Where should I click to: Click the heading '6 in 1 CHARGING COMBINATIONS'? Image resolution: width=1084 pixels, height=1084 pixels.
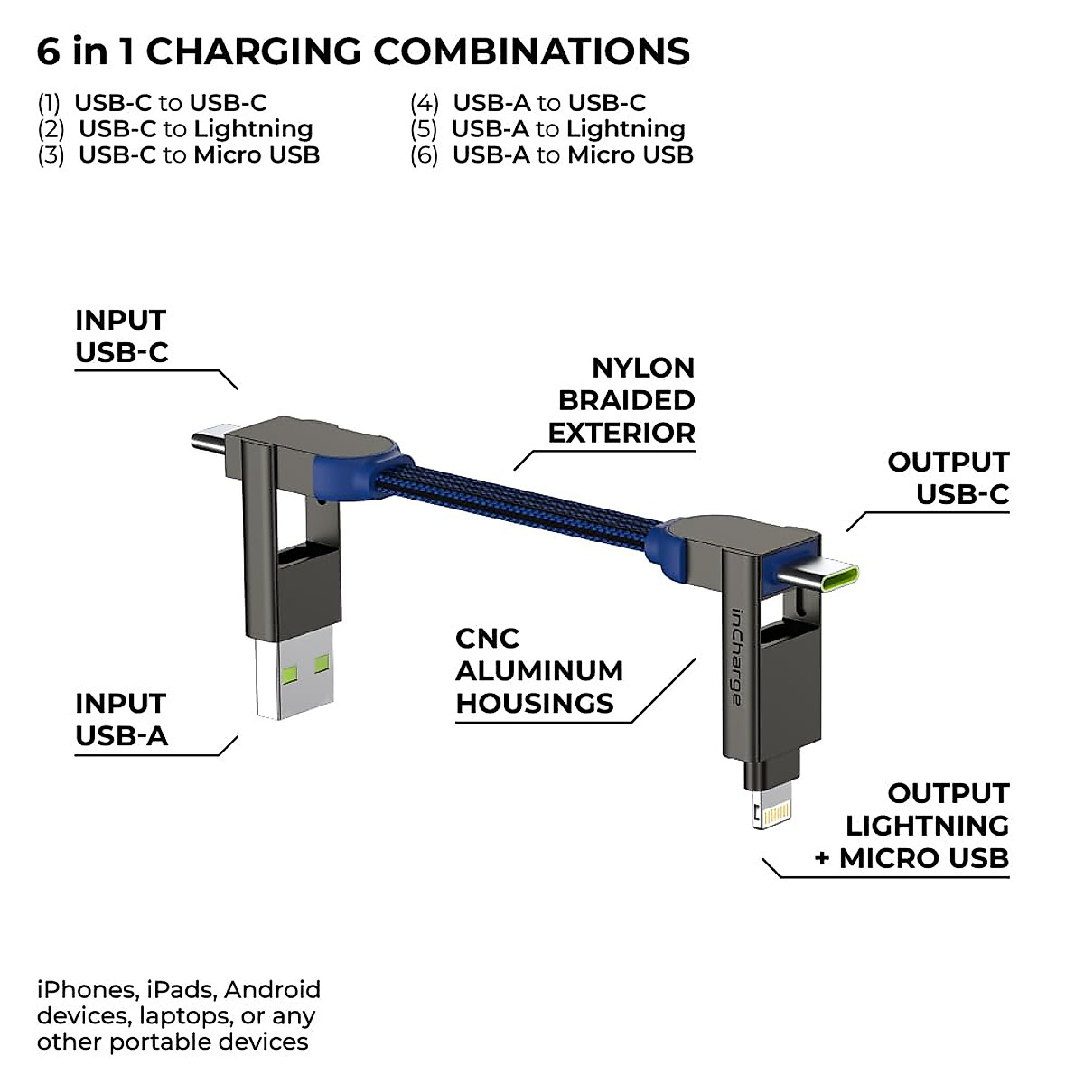pyautogui.click(x=363, y=52)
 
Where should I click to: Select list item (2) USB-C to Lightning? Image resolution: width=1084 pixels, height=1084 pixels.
pyautogui.click(x=176, y=129)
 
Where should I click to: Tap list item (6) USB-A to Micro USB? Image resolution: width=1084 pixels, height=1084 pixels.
pyautogui.click(x=552, y=155)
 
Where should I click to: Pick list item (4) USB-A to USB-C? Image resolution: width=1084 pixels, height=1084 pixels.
pyautogui.click(x=528, y=103)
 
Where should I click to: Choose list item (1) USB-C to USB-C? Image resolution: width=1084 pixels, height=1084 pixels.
pyautogui.click(x=153, y=103)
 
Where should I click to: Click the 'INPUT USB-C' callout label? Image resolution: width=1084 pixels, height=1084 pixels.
pyautogui.click(x=122, y=336)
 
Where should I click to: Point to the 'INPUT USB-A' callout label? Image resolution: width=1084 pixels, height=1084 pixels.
pyautogui.click(x=122, y=720)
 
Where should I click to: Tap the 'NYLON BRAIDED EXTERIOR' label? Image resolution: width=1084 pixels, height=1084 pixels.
pyautogui.click(x=623, y=400)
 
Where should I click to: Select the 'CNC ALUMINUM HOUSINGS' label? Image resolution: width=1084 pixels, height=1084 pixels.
pyautogui.click(x=539, y=671)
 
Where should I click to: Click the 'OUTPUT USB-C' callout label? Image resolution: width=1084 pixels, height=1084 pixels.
pyautogui.click(x=948, y=478)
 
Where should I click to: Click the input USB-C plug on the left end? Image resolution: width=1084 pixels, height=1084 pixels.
pyautogui.click(x=209, y=443)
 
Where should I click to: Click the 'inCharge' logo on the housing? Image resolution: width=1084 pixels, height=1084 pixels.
pyautogui.click(x=737, y=656)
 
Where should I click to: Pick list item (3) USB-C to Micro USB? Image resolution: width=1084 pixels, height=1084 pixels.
pyautogui.click(x=179, y=155)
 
